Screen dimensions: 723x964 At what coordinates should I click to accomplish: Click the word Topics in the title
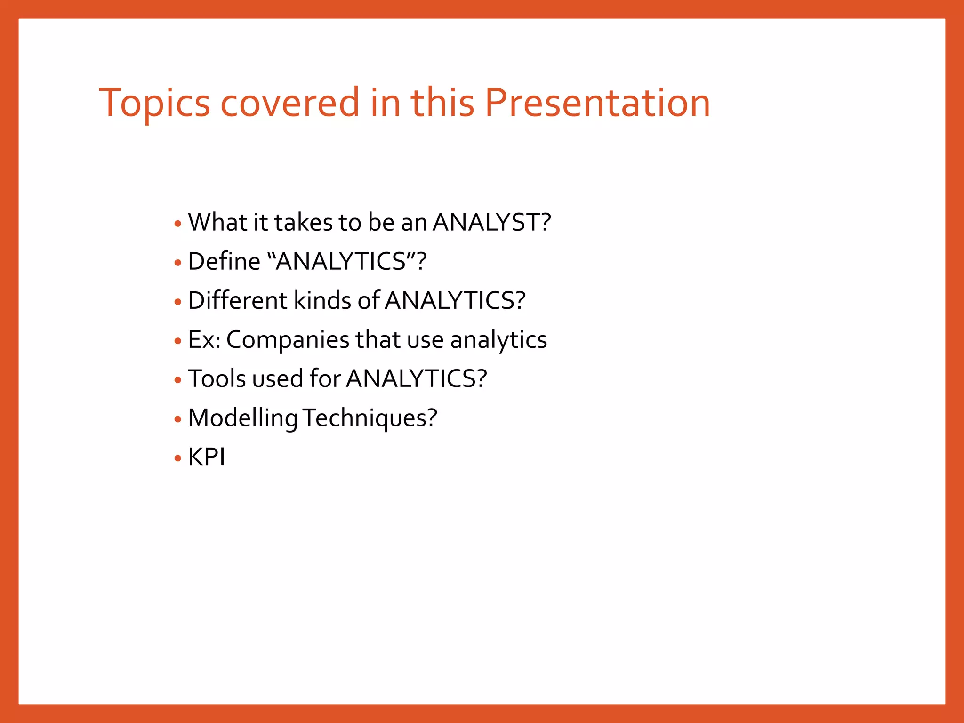(154, 104)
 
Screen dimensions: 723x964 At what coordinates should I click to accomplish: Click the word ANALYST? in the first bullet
(491, 222)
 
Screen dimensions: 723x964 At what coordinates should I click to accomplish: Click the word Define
(224, 261)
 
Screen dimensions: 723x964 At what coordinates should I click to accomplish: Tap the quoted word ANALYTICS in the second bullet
(341, 261)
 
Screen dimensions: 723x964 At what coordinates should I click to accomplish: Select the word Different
(237, 300)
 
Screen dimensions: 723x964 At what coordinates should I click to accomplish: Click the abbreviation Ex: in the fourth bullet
(204, 340)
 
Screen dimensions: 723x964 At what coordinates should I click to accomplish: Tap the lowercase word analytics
(498, 340)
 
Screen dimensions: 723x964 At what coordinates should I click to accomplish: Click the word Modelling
(242, 418)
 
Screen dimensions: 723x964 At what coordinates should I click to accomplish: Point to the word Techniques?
(370, 418)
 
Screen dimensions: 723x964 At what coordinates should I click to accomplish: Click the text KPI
(207, 457)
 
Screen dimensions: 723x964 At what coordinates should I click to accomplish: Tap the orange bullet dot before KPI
(177, 458)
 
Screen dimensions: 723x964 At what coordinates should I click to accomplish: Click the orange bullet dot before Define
(177, 263)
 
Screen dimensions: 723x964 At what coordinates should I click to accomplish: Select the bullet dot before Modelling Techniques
(177, 419)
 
